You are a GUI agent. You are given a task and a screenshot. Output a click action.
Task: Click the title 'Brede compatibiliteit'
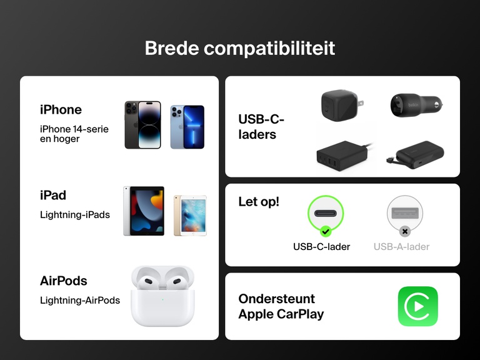[239, 48]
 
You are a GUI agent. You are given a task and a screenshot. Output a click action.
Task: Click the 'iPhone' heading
[61, 109]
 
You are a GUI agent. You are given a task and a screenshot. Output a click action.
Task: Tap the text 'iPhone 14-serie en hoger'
[74, 134]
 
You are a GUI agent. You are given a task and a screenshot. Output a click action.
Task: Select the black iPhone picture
[142, 125]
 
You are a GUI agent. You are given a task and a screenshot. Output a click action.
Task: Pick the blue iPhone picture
[187, 127]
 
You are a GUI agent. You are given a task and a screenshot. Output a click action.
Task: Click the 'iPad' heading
[53, 195]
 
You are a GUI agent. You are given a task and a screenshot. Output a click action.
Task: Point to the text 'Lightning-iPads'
[74, 214]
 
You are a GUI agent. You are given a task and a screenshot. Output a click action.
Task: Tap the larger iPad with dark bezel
[144, 211]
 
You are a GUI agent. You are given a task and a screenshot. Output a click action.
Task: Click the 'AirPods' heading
[63, 281]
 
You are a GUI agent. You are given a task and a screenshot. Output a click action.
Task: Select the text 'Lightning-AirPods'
[80, 300]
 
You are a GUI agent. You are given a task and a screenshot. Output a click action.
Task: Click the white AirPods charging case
[162, 296]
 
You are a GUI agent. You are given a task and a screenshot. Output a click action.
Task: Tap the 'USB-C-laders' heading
[261, 126]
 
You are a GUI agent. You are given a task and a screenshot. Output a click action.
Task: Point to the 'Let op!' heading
[259, 202]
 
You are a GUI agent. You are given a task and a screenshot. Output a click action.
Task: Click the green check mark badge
[325, 231]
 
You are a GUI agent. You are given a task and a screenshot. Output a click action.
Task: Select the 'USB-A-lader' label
[401, 246]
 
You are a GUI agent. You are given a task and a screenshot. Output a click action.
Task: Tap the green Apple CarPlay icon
[417, 306]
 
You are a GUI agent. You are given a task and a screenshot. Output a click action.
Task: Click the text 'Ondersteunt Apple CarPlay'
[281, 306]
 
